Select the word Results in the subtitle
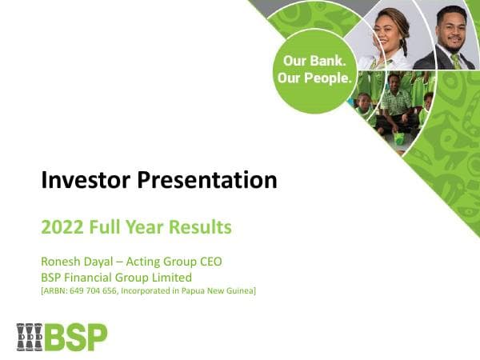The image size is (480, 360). point(204,227)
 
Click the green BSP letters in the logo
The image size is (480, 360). point(75,337)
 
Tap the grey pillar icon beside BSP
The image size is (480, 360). point(30,337)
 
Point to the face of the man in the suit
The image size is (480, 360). point(450,24)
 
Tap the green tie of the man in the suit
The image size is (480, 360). point(455,60)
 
